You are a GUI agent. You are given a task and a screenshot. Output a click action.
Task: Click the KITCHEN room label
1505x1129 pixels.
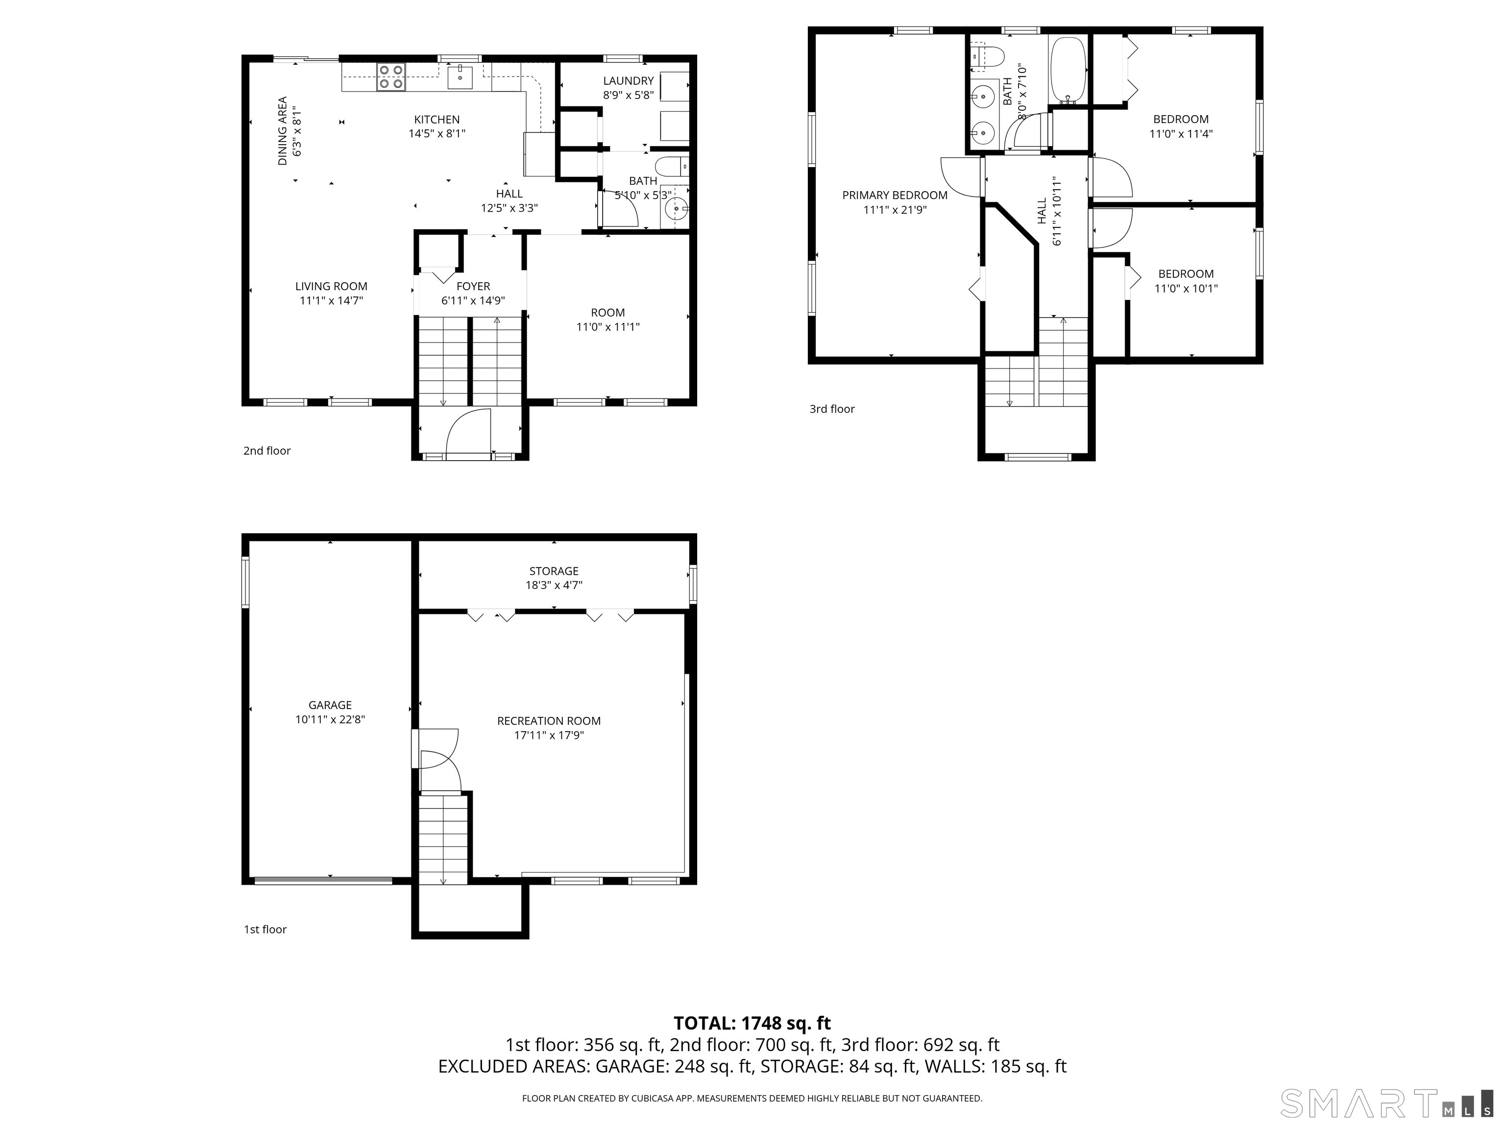click(x=437, y=120)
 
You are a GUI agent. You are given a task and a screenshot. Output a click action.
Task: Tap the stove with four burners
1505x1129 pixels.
click(x=390, y=76)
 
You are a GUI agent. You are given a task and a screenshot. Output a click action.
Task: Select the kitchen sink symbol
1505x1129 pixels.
click(x=461, y=76)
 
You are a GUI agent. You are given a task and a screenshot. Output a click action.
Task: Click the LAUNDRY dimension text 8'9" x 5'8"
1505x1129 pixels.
click(x=628, y=95)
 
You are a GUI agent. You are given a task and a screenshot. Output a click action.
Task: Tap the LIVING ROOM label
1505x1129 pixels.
click(x=331, y=287)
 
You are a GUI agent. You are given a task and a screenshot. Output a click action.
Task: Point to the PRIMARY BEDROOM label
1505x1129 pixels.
click(x=895, y=196)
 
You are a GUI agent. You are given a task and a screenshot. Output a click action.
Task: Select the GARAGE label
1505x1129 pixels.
click(x=330, y=705)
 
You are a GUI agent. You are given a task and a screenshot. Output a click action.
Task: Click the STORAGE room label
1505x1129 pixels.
click(x=554, y=571)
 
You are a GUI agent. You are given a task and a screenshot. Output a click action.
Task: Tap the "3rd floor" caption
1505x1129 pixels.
click(x=831, y=409)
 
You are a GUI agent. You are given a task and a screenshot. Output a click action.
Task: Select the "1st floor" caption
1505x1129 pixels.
click(x=266, y=930)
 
